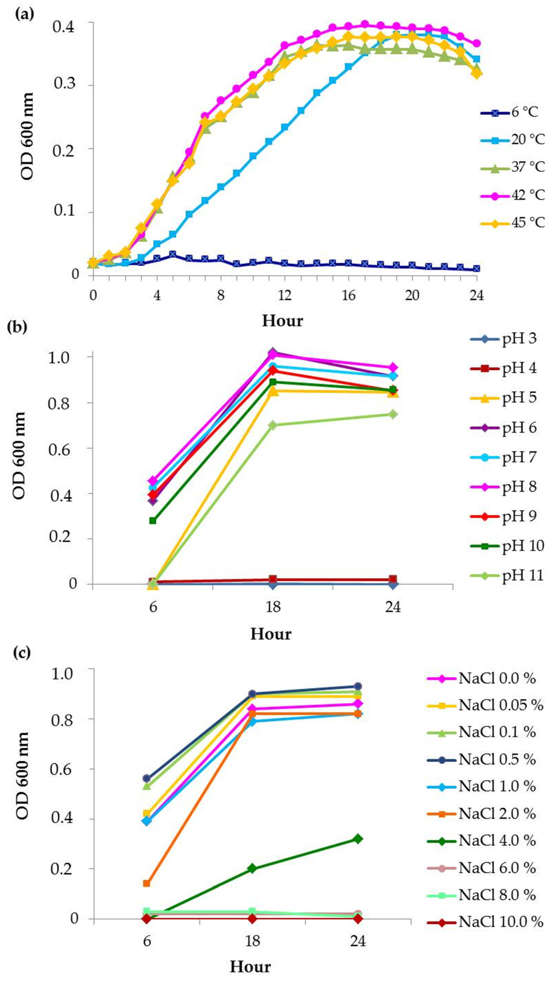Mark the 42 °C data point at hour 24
coord(476,43)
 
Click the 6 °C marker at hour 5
coord(172,254)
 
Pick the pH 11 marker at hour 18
coord(273,425)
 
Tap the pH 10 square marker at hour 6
coord(153,520)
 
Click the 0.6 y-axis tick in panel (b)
coord(60,448)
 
